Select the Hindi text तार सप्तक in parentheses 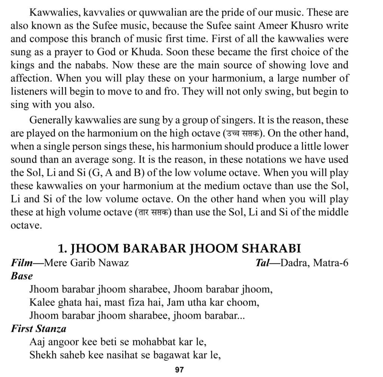tap(153, 212)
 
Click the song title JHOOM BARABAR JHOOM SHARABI tap(180, 249)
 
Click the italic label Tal tap(262, 263)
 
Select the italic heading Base tap(22, 276)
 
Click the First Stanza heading tap(39, 329)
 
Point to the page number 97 tap(180, 370)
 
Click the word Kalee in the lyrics tap(41, 302)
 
